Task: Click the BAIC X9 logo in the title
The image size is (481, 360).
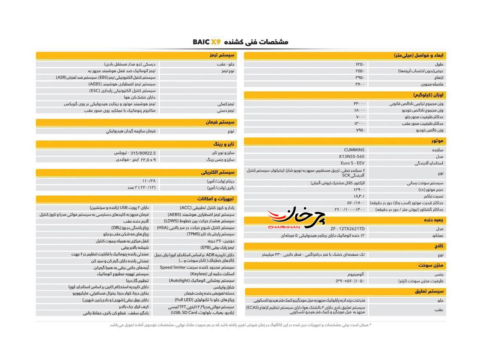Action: pyautogui.click(x=207, y=42)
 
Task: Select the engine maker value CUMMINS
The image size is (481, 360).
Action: pyautogui.click(x=354, y=150)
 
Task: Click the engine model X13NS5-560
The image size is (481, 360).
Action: pyautogui.click(x=351, y=157)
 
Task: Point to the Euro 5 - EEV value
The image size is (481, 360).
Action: pyautogui.click(x=352, y=163)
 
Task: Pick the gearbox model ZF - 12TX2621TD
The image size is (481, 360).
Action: pyautogui.click(x=348, y=229)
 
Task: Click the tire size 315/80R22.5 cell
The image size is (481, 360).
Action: pyautogui.click(x=135, y=153)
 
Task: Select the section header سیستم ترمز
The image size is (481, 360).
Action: pyautogui.click(x=222, y=55)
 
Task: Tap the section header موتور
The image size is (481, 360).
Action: pyautogui.click(x=437, y=141)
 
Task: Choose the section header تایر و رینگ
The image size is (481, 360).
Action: pyautogui.click(x=224, y=144)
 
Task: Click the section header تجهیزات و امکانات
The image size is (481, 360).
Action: pyautogui.click(x=215, y=199)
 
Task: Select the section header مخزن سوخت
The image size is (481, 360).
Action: pyautogui.click(x=431, y=265)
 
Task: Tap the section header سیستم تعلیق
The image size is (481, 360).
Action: pyautogui.click(x=429, y=291)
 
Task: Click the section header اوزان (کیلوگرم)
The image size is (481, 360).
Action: pyautogui.click(x=428, y=95)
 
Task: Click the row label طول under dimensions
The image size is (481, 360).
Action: pyautogui.click(x=439, y=64)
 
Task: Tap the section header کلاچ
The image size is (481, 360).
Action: pyautogui.click(x=439, y=246)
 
